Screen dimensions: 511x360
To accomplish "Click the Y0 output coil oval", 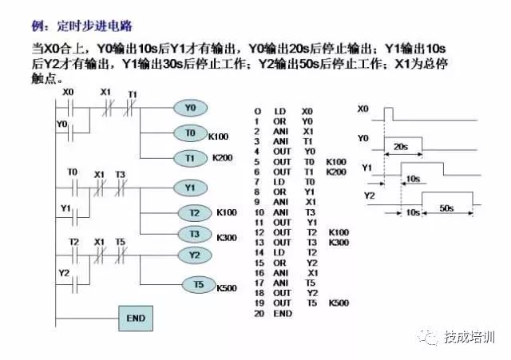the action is click(190, 107).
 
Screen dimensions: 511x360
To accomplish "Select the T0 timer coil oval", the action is click(190, 133).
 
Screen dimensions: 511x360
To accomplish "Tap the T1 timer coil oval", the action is click(190, 159).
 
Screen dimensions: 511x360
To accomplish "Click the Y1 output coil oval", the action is click(190, 188).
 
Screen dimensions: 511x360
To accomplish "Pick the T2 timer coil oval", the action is click(195, 213).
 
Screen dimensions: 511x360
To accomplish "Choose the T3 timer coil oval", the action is click(195, 234).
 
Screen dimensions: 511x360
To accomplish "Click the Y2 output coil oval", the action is click(195, 255).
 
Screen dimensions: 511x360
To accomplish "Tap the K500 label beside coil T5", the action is click(228, 287).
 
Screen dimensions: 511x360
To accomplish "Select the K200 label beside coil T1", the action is click(222, 158).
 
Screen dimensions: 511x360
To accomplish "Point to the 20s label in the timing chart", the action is click(402, 147).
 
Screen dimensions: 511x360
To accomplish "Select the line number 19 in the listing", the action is click(257, 303).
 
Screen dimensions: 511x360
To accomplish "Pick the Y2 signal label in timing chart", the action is click(369, 195).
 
